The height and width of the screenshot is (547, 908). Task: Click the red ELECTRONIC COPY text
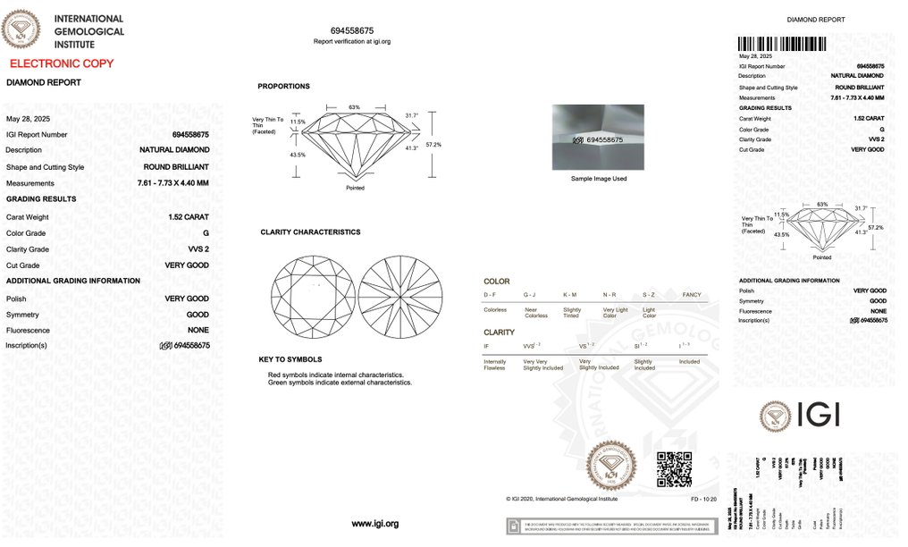pyautogui.click(x=62, y=63)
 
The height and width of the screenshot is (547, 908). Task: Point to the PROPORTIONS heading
pyautogui.click(x=283, y=87)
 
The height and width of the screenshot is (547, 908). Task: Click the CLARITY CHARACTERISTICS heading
pyautogui.click(x=310, y=232)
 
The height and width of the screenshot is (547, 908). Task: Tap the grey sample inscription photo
pyautogui.click(x=598, y=138)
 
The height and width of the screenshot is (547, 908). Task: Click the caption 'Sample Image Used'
pyautogui.click(x=598, y=179)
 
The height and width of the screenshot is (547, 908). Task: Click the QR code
pyautogui.click(x=675, y=470)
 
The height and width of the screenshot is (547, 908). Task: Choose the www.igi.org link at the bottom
pyautogui.click(x=374, y=523)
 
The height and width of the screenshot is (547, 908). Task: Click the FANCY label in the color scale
pyautogui.click(x=692, y=295)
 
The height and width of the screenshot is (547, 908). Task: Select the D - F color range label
pyautogui.click(x=491, y=295)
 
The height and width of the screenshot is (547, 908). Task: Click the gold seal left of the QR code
pyautogui.click(x=611, y=467)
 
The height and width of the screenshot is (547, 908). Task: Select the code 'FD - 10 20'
pyautogui.click(x=704, y=500)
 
